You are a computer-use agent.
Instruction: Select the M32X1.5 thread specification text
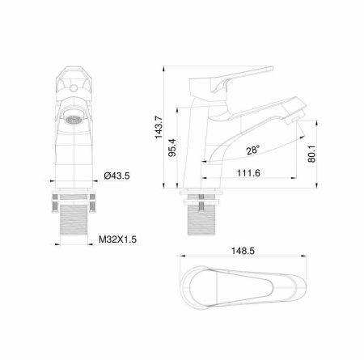117,239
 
